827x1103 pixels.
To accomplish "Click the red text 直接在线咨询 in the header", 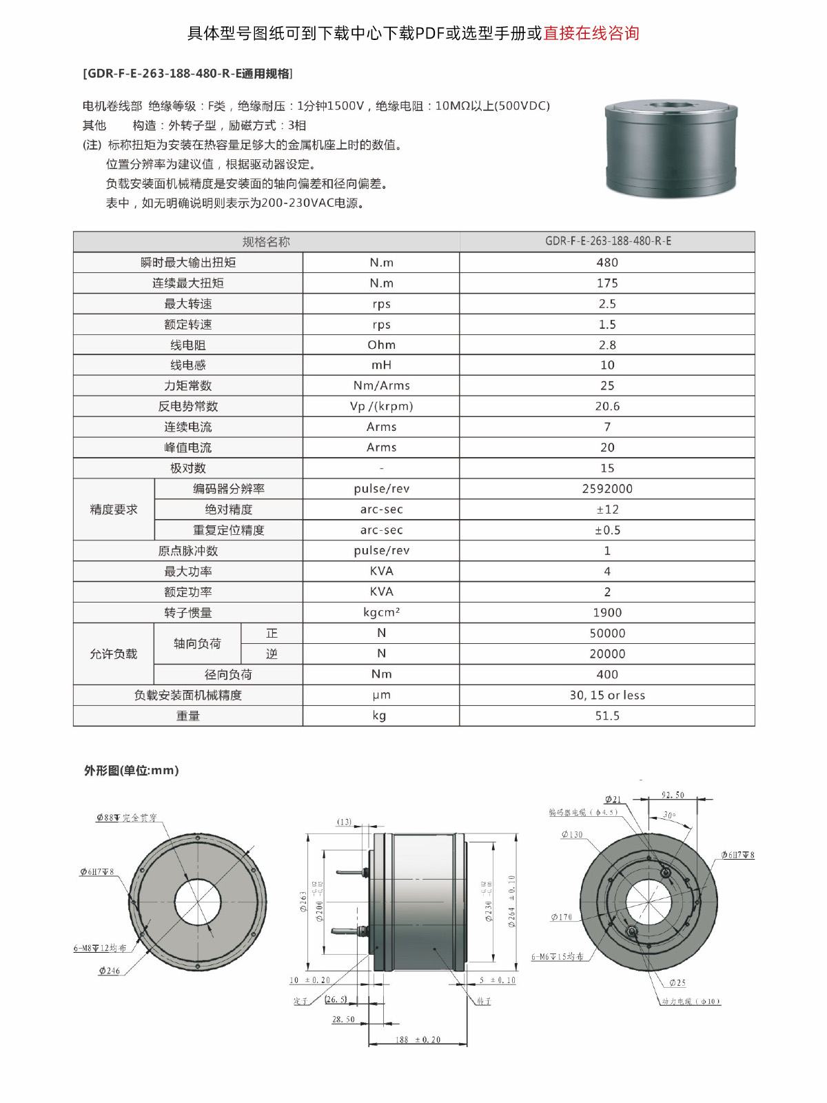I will pyautogui.click(x=591, y=33).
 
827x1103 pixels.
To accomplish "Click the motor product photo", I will pyautogui.click(x=671, y=148).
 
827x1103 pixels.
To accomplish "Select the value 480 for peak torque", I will pyautogui.click(x=606, y=263).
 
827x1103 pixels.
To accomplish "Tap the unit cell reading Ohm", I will pyautogui.click(x=381, y=345).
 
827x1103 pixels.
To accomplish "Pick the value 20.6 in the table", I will pyautogui.click(x=606, y=406).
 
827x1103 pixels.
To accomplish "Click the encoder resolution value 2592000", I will pyautogui.click(x=606, y=489).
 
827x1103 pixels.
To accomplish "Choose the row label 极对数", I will pyautogui.click(x=187, y=468).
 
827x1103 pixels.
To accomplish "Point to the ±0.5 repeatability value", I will pyautogui.click(x=606, y=530).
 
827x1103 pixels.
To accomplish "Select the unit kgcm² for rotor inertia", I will pyautogui.click(x=381, y=612).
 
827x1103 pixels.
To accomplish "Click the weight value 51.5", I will pyautogui.click(x=606, y=716).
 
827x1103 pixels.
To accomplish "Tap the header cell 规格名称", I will pyautogui.click(x=266, y=242).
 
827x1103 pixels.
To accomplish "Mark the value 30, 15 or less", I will pyautogui.click(x=606, y=695).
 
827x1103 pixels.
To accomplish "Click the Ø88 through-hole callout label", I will pyautogui.click(x=127, y=818).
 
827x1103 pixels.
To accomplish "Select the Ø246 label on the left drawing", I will pyautogui.click(x=109, y=971).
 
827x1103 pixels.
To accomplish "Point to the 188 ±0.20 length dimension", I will pyautogui.click(x=418, y=1040).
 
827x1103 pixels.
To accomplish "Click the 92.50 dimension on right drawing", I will pyautogui.click(x=673, y=795).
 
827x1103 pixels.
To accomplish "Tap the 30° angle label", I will pyautogui.click(x=668, y=815).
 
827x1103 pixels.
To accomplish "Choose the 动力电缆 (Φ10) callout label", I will pyautogui.click(x=691, y=1001).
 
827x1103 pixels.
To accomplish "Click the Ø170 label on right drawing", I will pyautogui.click(x=561, y=917).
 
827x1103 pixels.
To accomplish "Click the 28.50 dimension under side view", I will pyautogui.click(x=343, y=1019).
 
